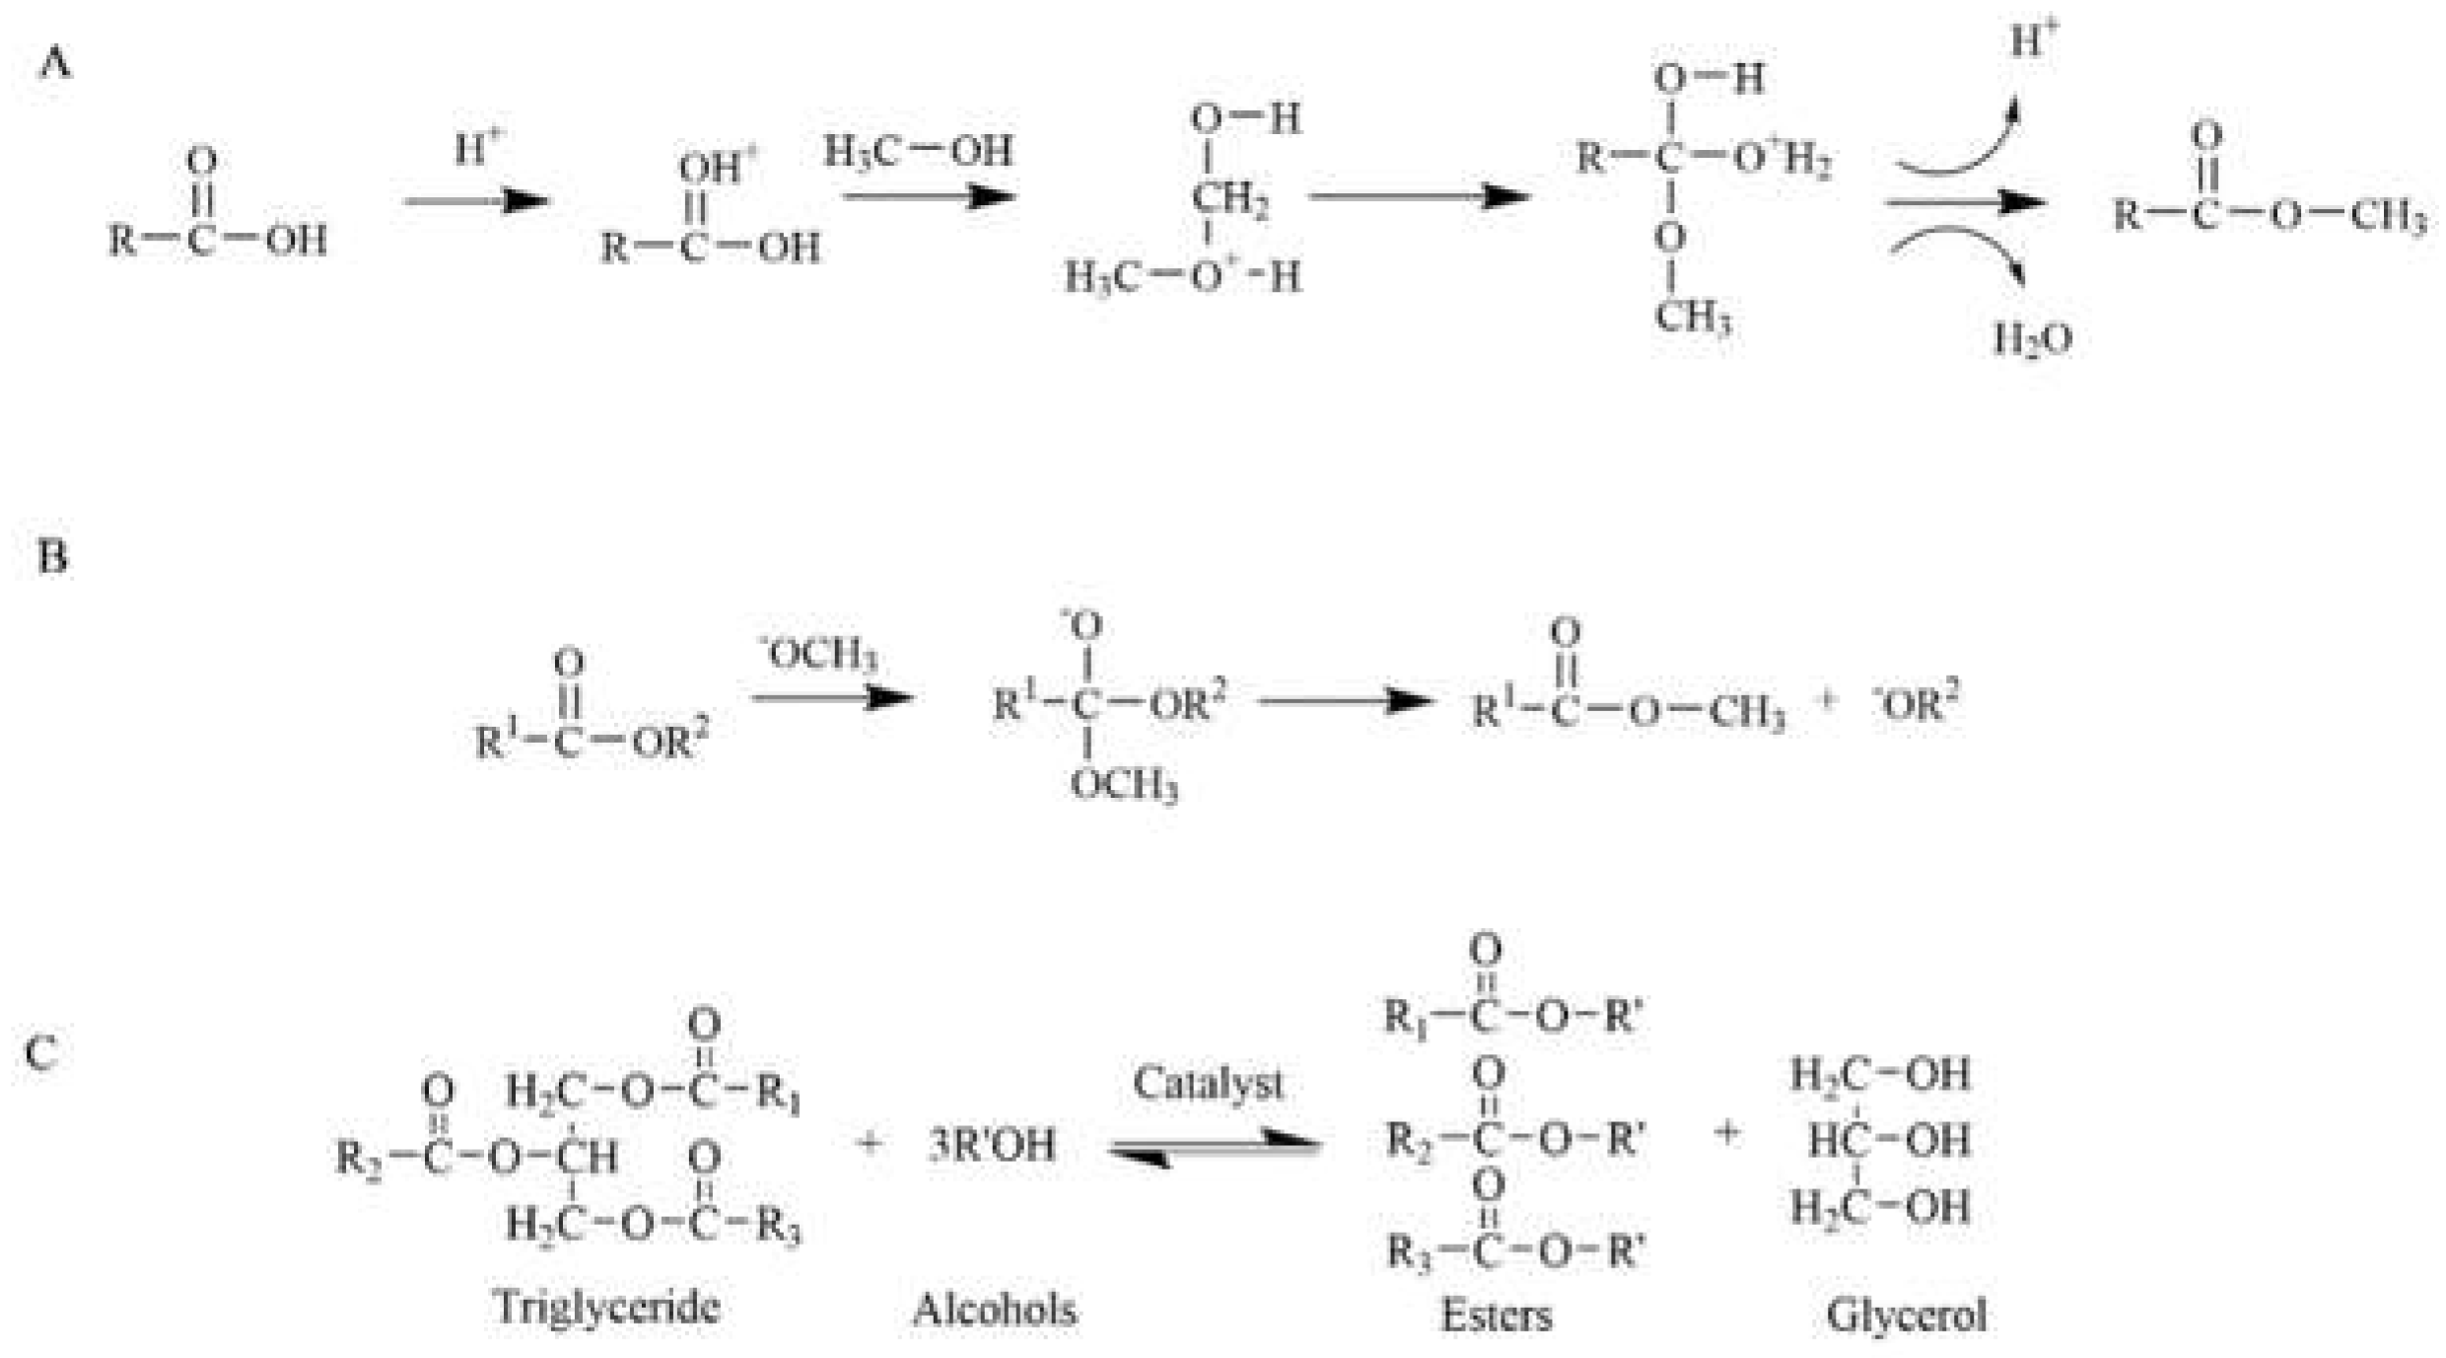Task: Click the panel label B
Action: (x=52, y=557)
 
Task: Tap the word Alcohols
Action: (x=994, y=1311)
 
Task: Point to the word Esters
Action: (x=1496, y=1315)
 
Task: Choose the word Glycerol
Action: (x=1906, y=1315)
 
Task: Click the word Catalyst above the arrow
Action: (x=1208, y=1084)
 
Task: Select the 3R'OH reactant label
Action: (x=991, y=1145)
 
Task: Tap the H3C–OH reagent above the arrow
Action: (x=917, y=152)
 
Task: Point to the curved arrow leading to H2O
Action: (x=1962, y=251)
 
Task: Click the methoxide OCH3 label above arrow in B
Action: (x=818, y=654)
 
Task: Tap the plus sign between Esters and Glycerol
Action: (x=1725, y=1134)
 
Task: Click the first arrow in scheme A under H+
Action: (x=475, y=202)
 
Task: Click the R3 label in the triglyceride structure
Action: (x=779, y=1226)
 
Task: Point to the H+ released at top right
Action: (x=2034, y=41)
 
